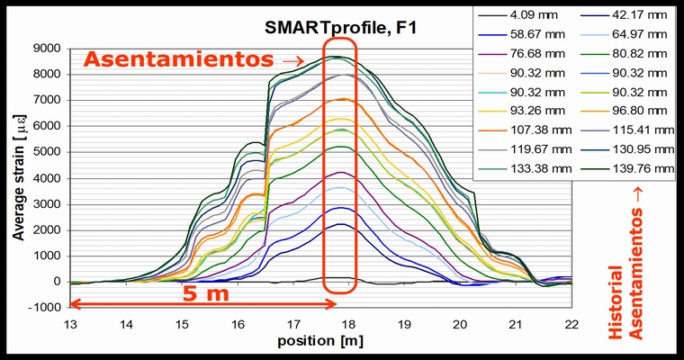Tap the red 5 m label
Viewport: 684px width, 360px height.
tap(206, 293)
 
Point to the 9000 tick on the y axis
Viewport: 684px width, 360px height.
tap(47, 49)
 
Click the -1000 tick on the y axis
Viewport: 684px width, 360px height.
tap(45, 308)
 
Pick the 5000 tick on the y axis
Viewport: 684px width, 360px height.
tap(47, 152)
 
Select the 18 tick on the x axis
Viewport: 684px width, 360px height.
tap(348, 322)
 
